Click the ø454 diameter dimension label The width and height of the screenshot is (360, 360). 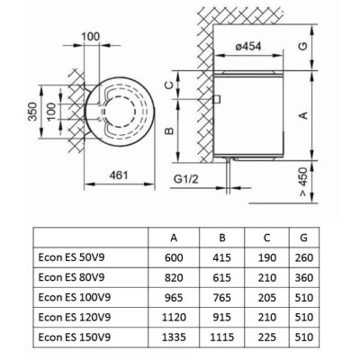pos(248,47)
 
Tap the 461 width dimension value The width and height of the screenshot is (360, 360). pos(119,175)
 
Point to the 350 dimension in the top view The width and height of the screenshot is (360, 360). pos(32,112)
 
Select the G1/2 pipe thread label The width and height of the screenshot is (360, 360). pos(186,179)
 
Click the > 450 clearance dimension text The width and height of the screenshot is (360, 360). pos(303,182)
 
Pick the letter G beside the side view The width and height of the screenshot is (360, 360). pos(303,46)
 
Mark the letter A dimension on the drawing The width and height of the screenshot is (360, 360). pos(304,115)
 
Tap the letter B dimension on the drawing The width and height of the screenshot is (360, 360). pos(169,130)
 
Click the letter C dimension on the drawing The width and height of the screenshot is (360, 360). pos(169,85)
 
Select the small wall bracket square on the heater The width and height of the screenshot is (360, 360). pos(217,99)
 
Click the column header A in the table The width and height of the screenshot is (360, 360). pos(174,238)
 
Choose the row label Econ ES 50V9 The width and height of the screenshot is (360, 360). pos(71,257)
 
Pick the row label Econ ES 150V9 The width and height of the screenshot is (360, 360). pos(75,337)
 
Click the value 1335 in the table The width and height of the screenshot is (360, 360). pos(174,337)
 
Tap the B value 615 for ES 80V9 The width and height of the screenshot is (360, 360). pos(221,277)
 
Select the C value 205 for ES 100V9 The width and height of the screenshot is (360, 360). pos(266,298)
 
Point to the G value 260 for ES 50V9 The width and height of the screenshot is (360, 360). pos(304,257)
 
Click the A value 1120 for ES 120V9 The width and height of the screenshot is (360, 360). pos(174,318)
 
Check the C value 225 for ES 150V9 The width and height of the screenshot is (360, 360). pos(266,337)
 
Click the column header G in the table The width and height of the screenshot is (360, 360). pos(303,238)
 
